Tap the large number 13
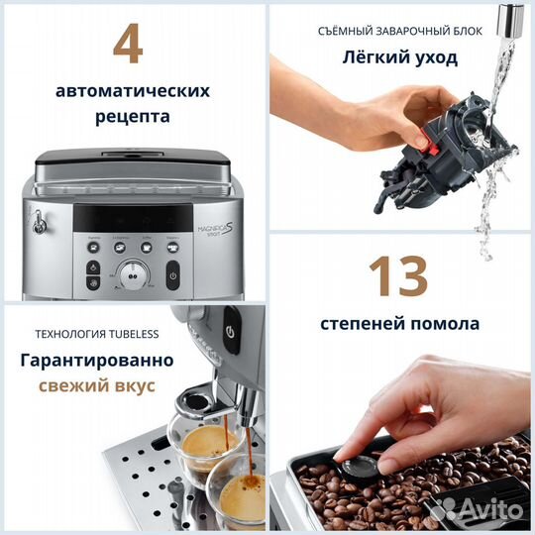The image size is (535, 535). pos(400,276)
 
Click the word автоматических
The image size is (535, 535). pos(133,90)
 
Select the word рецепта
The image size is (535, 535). pos(133,116)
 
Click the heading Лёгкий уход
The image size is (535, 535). pos(400,57)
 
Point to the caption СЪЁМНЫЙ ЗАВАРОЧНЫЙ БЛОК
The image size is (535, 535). pos(400,31)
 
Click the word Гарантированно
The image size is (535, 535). pos(97,359)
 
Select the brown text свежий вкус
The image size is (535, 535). pos(97,385)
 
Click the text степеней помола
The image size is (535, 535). pos(400,323)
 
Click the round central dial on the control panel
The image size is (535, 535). pos(132,276)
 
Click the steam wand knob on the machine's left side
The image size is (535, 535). pos(40,226)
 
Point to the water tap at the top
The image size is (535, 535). pos(510,18)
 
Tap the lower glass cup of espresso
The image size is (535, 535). pos(238,495)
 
